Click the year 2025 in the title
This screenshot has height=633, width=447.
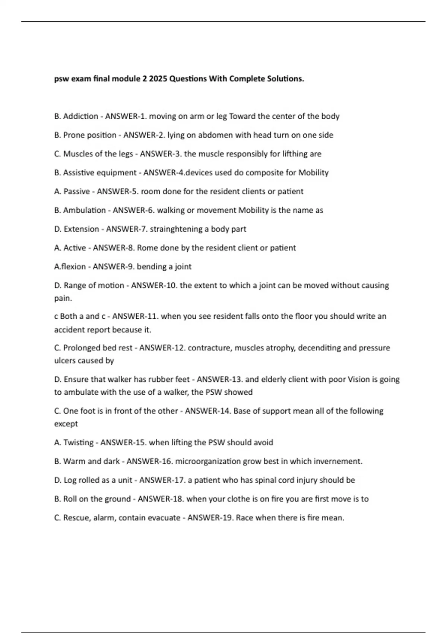click(x=158, y=79)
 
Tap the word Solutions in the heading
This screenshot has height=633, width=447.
click(x=286, y=79)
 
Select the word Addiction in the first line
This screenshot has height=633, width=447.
click(x=80, y=116)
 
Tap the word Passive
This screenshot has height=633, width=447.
click(x=77, y=191)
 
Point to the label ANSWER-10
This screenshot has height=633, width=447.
click(x=154, y=286)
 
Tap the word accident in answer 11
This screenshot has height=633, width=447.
click(x=69, y=330)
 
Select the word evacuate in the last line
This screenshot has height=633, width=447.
click(x=164, y=518)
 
